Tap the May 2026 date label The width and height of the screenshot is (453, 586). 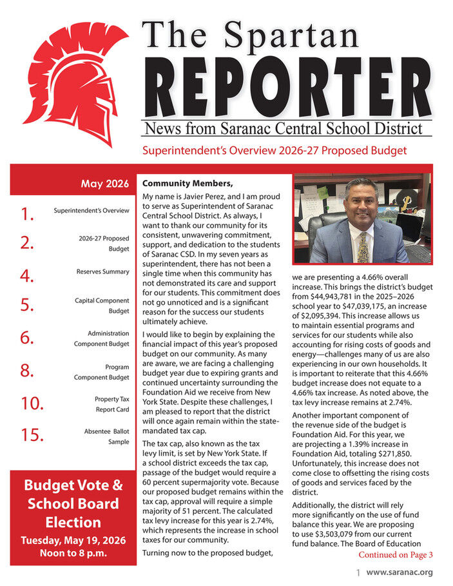tap(105, 184)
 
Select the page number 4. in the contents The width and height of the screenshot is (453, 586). tap(26, 277)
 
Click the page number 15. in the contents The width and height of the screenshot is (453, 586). tap(31, 435)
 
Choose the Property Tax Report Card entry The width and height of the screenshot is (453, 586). tap(108, 404)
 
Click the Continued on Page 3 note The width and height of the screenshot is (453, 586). tap(395, 554)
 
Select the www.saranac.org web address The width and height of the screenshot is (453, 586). tap(400, 572)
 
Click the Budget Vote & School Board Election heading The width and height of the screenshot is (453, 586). tap(73, 503)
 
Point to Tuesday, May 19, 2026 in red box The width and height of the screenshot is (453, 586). tap(73, 540)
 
